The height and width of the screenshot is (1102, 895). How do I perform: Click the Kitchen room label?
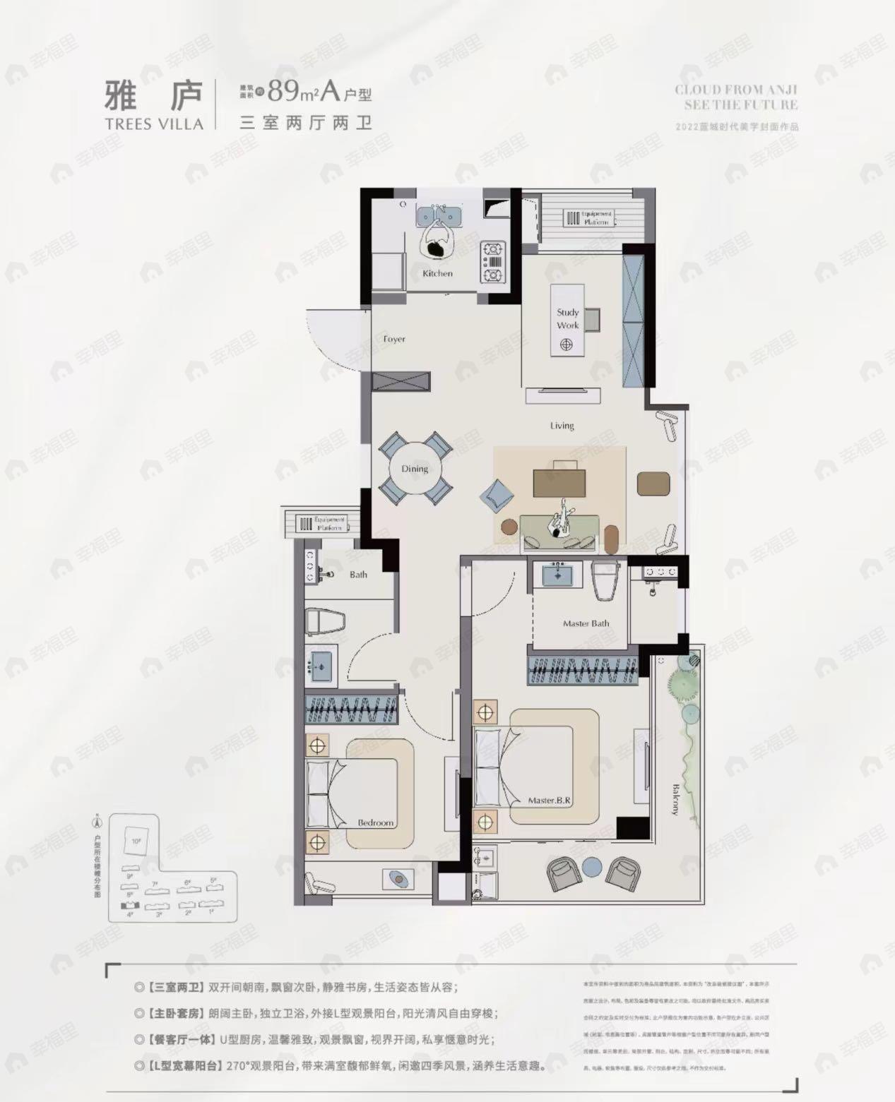point(437,273)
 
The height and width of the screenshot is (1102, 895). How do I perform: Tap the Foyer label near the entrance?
point(394,339)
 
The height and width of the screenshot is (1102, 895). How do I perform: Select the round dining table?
point(415,469)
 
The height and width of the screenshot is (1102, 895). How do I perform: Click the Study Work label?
point(567,318)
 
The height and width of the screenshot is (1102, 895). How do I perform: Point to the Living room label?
point(562,426)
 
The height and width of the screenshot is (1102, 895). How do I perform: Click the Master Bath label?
point(586,623)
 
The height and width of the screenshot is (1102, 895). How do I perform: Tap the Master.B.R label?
point(549,801)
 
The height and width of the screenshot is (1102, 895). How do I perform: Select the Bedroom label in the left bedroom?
point(375,823)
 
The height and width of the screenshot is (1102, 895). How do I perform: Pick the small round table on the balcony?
point(591,868)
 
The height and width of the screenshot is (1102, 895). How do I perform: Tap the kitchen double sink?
point(439,214)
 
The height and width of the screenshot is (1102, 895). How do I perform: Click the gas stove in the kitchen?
point(492,261)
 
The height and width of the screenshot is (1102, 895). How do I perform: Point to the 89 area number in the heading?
point(285,91)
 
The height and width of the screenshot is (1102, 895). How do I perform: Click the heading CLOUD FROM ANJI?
point(735,90)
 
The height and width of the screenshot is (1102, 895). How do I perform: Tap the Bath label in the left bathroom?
point(358,575)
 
